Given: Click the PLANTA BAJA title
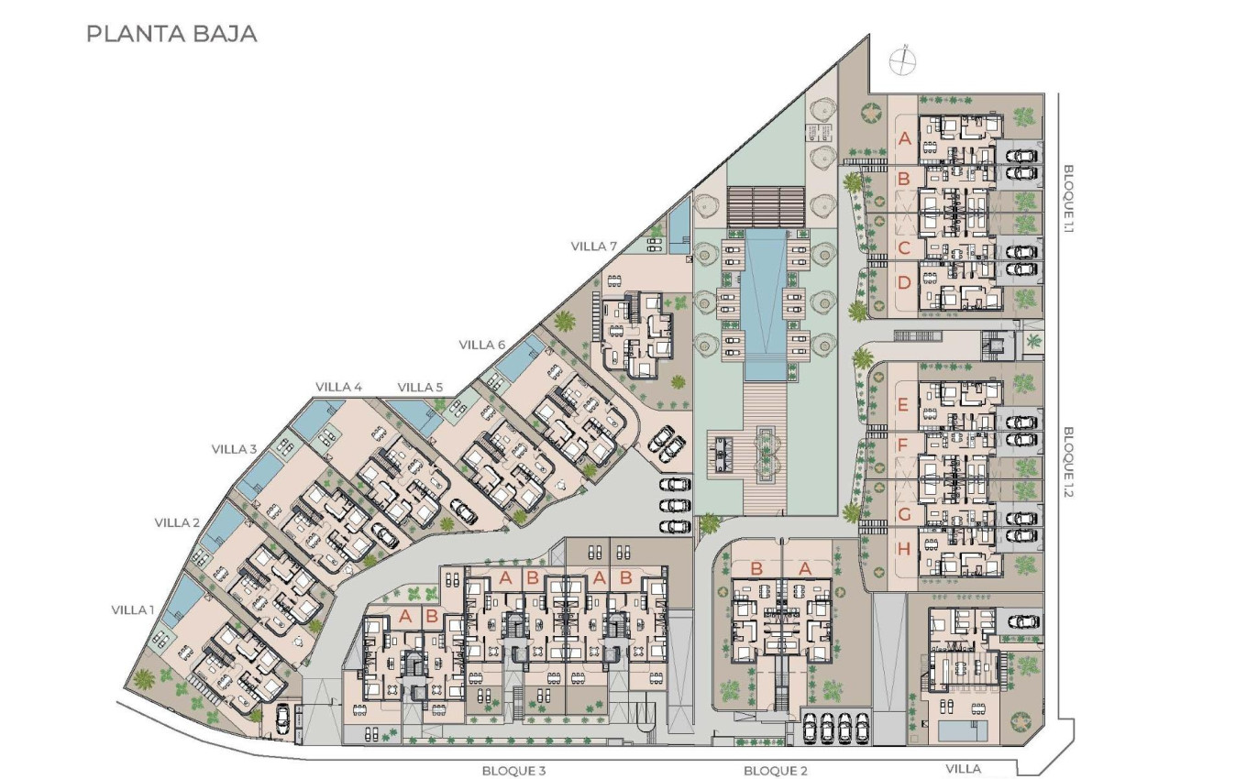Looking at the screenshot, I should coord(171,35).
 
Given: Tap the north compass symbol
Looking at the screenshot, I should coord(903,60).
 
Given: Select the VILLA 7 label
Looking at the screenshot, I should coord(594,246).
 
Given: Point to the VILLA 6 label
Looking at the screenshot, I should coord(482,345).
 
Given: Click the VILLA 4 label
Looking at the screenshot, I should coord(338,387).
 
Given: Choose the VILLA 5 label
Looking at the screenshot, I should coord(421,387).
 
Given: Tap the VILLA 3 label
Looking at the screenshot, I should coord(234,449).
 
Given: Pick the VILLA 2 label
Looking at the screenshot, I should coord(177,522).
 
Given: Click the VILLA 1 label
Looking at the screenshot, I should coord(133,609).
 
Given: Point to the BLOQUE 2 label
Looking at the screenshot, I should coord(776,771).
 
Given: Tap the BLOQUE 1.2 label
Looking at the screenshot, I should coord(1068,460).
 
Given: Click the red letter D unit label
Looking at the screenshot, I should coord(904,282).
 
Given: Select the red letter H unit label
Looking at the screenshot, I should coord(904,550).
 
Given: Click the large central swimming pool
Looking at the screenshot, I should coord(765,302).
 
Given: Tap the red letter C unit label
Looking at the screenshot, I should coord(904,247).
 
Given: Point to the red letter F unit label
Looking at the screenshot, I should coord(904,446).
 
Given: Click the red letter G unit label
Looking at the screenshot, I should coord(904,514).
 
